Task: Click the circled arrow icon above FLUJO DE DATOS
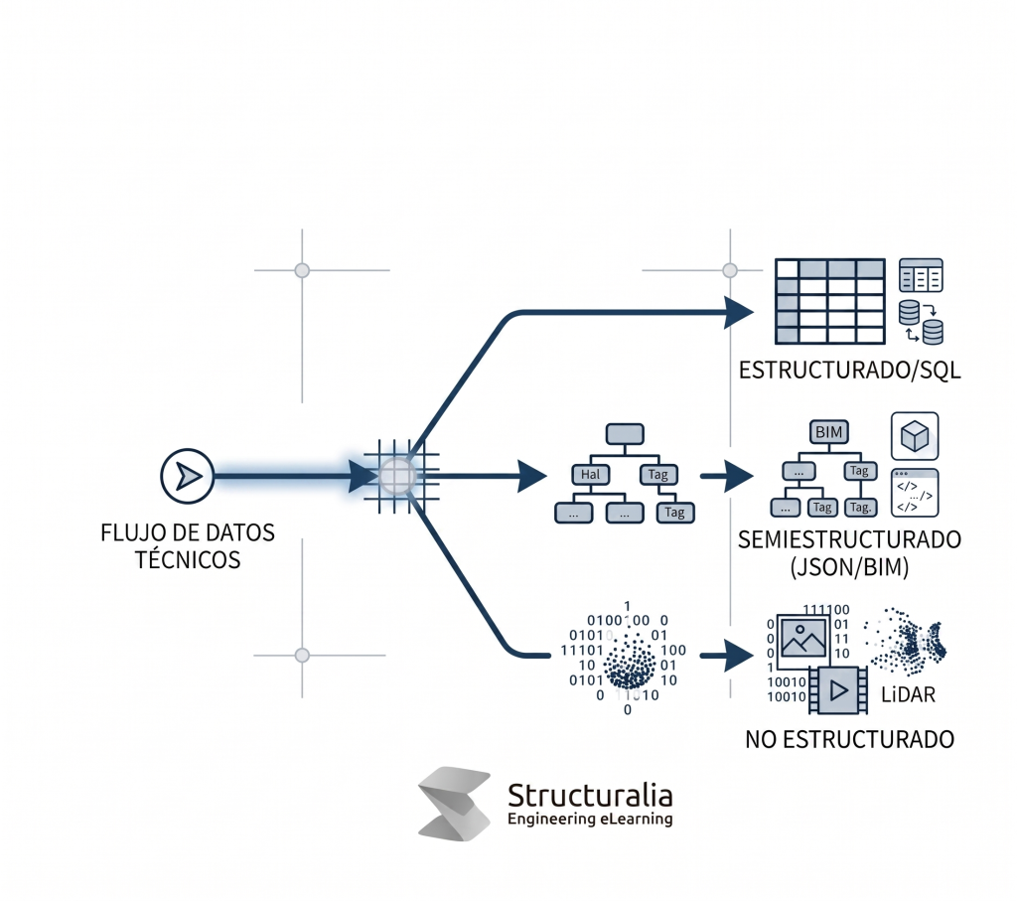coord(188,477)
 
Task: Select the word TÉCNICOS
coord(188,560)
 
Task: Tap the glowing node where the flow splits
coord(398,476)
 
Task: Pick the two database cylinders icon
coord(921,323)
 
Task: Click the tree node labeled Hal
coord(590,475)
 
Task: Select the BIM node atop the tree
coord(826,432)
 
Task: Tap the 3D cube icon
coord(915,436)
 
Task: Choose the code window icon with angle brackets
coord(915,493)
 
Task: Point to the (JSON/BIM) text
coord(850,569)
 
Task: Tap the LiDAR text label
coord(908,694)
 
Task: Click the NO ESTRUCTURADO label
coord(849,740)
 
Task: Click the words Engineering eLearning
coord(590,820)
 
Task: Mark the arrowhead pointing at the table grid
coord(740,312)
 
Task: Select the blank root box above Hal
coord(626,433)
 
